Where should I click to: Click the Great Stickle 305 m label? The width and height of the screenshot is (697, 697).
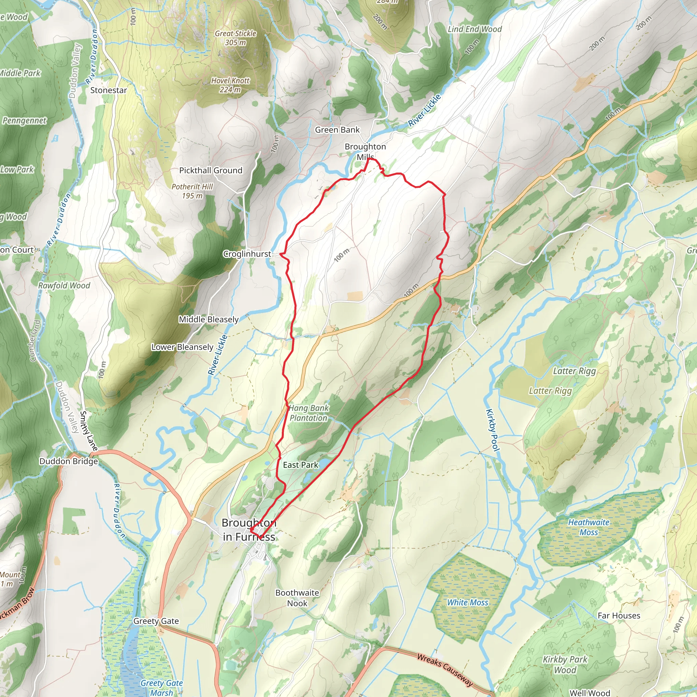tap(236, 38)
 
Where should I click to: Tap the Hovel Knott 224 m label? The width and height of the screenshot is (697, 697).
tap(230, 85)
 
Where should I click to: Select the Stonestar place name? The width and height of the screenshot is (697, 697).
tap(109, 90)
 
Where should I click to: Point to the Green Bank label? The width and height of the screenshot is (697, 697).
tap(337, 130)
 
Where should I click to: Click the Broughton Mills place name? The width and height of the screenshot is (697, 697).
tap(365, 151)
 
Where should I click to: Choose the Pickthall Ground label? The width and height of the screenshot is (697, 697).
tap(211, 170)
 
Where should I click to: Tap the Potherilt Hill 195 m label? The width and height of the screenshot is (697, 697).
tap(192, 191)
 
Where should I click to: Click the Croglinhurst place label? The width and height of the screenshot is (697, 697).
tap(247, 254)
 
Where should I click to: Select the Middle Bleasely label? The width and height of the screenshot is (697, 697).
tap(209, 319)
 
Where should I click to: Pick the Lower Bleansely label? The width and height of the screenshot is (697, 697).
tap(182, 347)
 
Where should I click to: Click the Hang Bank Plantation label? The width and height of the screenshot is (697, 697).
tap(308, 413)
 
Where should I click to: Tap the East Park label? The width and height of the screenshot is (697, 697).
tap(301, 465)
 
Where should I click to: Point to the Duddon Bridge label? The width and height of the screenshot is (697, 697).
tap(68, 461)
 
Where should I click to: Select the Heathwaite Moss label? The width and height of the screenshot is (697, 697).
tap(589, 527)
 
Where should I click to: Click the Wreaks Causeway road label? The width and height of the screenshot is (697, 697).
tap(445, 669)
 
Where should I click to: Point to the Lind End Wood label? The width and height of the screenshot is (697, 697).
tap(475, 29)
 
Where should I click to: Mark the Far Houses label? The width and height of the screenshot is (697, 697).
tap(619, 615)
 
